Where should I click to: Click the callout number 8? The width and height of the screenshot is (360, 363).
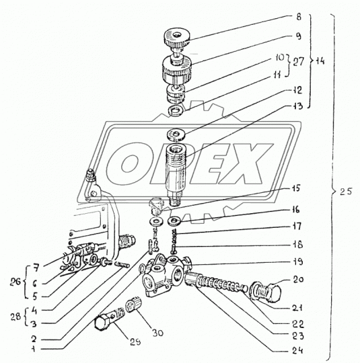(299, 17)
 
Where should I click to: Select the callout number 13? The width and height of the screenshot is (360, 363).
(297, 106)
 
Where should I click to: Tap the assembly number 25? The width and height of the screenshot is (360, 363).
(346, 192)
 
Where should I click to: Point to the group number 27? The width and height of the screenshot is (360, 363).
(298, 62)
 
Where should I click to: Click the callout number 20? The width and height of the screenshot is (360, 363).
(298, 280)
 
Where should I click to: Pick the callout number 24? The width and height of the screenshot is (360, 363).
(298, 351)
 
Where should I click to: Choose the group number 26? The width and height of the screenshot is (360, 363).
(15, 282)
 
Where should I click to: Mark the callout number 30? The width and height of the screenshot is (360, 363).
(158, 333)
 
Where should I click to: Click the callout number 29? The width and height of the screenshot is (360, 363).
(135, 342)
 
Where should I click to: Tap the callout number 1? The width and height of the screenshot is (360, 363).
(34, 349)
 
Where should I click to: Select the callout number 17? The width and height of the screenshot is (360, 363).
(297, 226)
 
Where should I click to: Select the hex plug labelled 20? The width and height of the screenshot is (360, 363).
(266, 291)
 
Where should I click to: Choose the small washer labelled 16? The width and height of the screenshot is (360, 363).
(175, 221)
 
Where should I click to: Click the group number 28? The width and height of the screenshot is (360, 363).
(16, 317)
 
